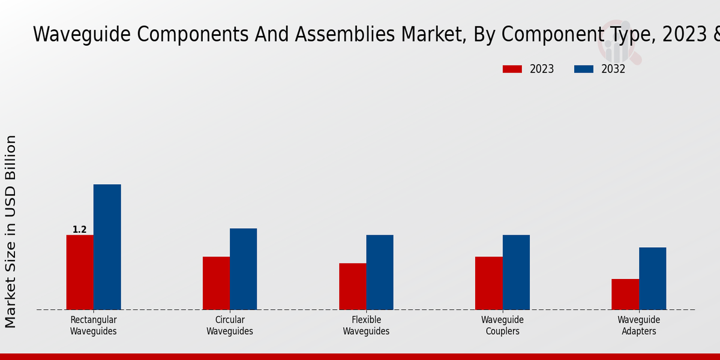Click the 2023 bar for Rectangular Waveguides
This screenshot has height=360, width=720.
tap(80, 272)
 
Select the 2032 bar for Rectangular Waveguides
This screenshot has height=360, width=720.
tap(107, 247)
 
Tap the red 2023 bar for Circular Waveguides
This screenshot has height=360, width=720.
tap(216, 283)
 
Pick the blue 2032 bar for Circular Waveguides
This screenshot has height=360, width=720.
tap(243, 269)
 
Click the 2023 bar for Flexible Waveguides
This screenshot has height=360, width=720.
tap(352, 286)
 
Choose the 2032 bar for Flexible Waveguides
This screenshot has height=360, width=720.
tap(380, 272)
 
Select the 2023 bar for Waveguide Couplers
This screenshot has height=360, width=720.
tap(488, 283)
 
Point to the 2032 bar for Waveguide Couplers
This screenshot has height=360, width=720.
tap(516, 272)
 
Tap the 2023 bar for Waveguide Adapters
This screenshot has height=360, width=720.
tap(625, 294)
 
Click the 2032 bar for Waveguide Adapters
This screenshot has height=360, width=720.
tap(652, 278)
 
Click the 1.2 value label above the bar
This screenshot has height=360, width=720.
tap(79, 230)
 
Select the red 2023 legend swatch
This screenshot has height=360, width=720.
tap(512, 69)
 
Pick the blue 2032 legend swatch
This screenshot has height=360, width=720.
tap(583, 69)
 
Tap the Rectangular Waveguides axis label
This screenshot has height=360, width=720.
tap(93, 326)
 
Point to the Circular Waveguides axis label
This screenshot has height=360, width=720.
tap(230, 326)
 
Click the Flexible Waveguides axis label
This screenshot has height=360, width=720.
tap(366, 326)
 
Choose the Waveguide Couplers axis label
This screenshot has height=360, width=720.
tap(502, 326)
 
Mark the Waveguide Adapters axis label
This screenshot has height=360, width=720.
tap(639, 326)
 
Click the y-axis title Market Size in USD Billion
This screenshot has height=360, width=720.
tap(11, 231)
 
